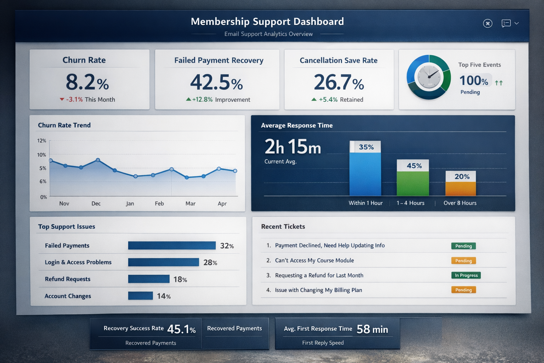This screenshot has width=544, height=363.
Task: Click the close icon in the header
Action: pyautogui.click(x=488, y=23)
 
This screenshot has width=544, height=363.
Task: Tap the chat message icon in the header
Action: pyautogui.click(x=506, y=23)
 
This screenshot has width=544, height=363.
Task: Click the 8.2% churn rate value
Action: pyautogui.click(x=87, y=82)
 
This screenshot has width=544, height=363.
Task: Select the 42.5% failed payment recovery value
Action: pyautogui.click(x=216, y=82)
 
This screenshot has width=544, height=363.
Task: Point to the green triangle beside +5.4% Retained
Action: pyautogui.click(x=314, y=100)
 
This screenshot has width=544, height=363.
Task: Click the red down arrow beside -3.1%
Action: pyautogui.click(x=62, y=100)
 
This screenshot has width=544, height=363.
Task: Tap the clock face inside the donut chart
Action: pyautogui.click(x=429, y=77)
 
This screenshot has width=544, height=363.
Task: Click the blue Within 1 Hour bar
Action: pyautogui.click(x=365, y=174)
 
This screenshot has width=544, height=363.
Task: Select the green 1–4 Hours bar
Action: pyautogui.click(x=413, y=183)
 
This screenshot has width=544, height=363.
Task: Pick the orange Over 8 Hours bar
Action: pyautogui.click(x=460, y=189)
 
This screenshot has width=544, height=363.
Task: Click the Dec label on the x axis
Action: pyautogui.click(x=96, y=203)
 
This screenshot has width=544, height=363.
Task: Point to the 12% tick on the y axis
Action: pyautogui.click(x=42, y=141)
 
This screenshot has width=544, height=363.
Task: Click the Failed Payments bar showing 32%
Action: pyautogui.click(x=172, y=245)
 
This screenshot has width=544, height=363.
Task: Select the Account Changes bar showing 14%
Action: pyautogui.click(x=140, y=296)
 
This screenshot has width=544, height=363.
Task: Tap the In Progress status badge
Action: pyautogui.click(x=466, y=275)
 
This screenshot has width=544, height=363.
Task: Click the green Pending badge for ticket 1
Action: pyautogui.click(x=463, y=246)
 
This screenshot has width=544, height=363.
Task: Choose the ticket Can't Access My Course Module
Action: pyautogui.click(x=314, y=261)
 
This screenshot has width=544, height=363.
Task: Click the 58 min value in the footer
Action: pyautogui.click(x=372, y=329)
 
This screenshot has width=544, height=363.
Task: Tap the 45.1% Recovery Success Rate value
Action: pyautogui.click(x=181, y=329)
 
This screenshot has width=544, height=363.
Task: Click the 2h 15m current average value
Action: pyautogui.click(x=293, y=147)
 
